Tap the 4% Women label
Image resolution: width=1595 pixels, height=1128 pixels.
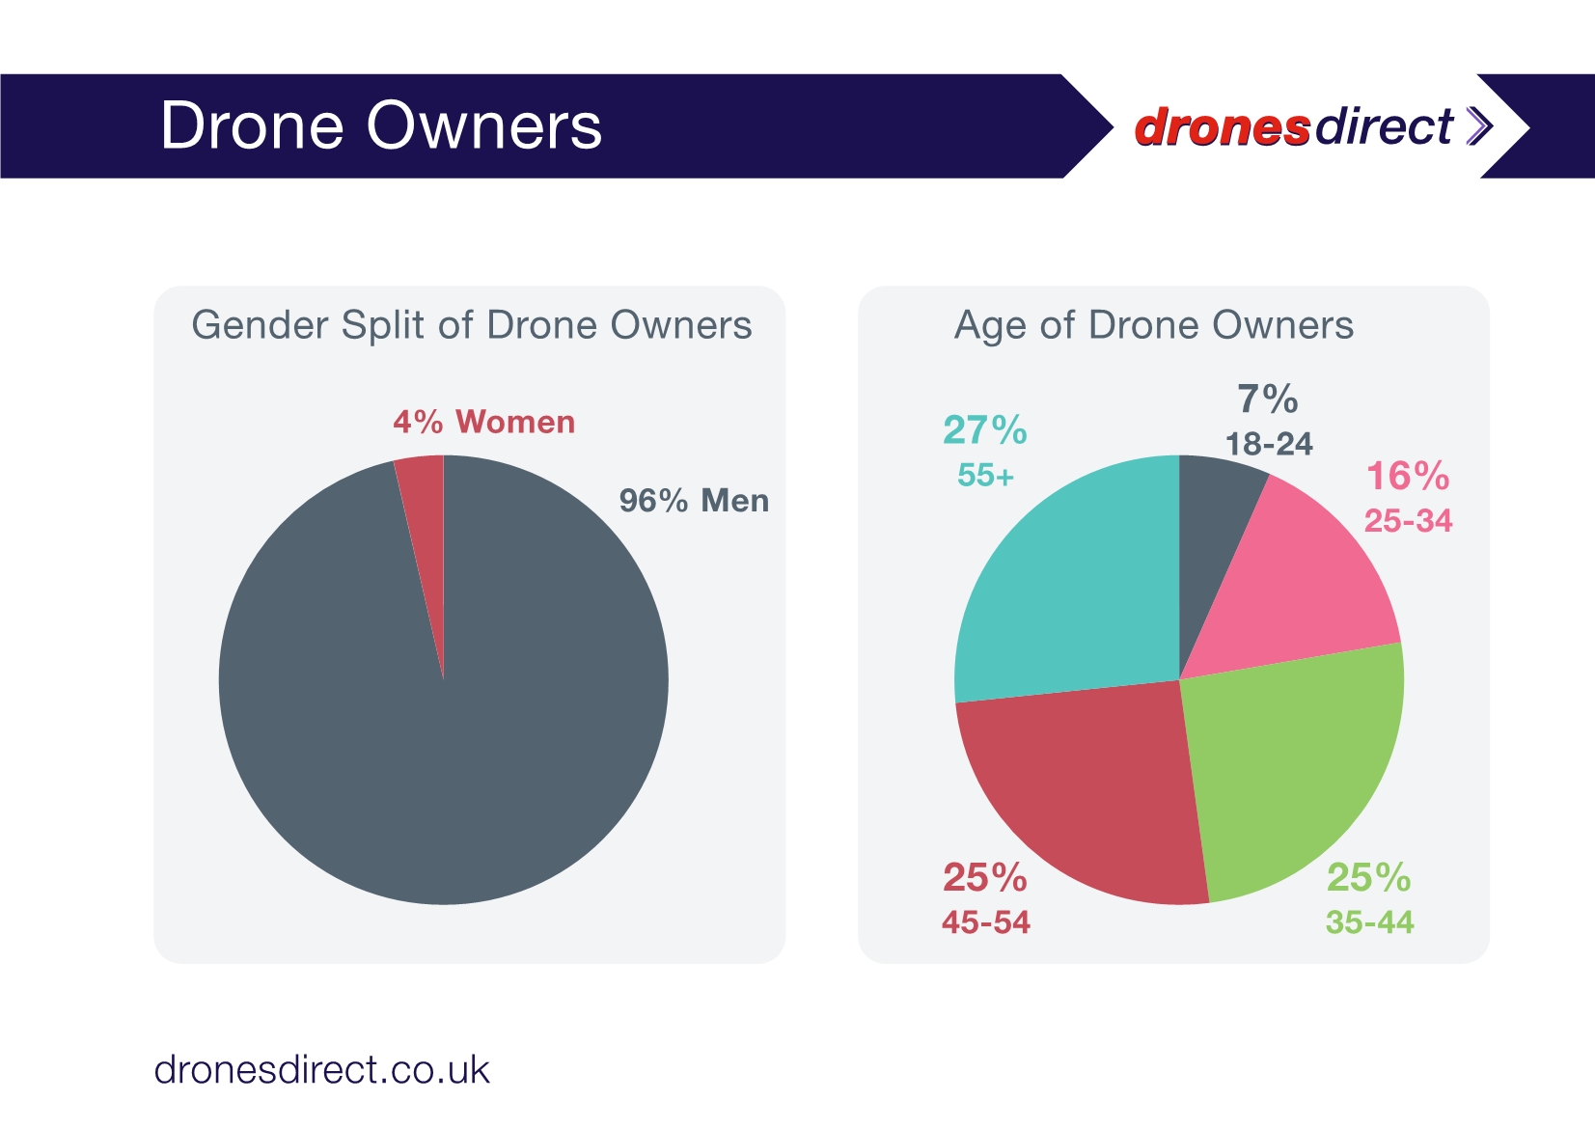[483, 423]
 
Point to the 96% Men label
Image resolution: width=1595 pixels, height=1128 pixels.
[694, 501]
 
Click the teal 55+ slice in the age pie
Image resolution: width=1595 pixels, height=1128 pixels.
[1071, 589]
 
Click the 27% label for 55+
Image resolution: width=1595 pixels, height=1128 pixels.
[984, 430]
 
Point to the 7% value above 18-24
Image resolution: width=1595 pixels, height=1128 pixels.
[1268, 399]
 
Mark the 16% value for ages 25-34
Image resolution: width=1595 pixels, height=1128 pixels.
[1408, 477]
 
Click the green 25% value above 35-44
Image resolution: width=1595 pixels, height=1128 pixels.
[1368, 878]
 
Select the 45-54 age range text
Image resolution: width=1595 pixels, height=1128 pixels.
[986, 922]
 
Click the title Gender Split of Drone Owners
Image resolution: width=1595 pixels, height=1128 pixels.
[472, 325]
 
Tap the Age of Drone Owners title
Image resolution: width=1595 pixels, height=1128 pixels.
[1154, 325]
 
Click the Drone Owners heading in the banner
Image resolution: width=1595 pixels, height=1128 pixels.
[381, 126]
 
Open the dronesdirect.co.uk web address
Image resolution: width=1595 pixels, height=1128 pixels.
[322, 1070]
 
